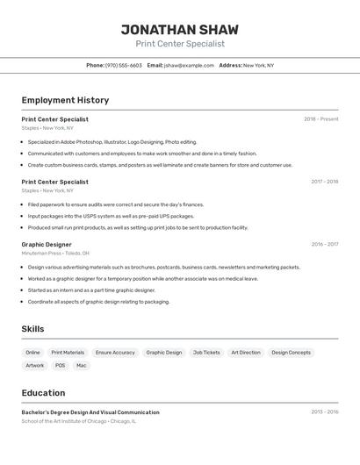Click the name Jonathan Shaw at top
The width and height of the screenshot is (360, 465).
coord(179,30)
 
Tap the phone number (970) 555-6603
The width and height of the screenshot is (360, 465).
coord(123,65)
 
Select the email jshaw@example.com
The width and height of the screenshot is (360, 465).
coord(189,65)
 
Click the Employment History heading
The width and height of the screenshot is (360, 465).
coord(65,100)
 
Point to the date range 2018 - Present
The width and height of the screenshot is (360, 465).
coord(320,119)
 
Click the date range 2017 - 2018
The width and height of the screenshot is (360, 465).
coord(324,182)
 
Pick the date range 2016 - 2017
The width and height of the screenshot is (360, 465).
coord(324,245)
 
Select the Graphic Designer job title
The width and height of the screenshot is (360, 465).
coord(47,245)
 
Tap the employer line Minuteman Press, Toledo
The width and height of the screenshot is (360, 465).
coord(54,254)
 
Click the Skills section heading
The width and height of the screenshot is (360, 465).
coord(33,329)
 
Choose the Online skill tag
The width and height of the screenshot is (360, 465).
coord(33,353)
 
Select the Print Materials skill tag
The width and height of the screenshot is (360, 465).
coord(68,353)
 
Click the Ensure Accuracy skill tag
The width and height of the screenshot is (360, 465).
coord(115,353)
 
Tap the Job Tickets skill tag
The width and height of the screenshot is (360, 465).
coord(206,353)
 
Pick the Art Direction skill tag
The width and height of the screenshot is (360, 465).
coord(246,353)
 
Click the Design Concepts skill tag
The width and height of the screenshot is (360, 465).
coord(291,353)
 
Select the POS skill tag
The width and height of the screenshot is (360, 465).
coord(60,366)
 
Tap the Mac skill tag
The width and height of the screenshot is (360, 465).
coord(82,366)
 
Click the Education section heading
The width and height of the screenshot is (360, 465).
coord(43,393)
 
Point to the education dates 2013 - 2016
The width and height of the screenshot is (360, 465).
coord(324,411)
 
